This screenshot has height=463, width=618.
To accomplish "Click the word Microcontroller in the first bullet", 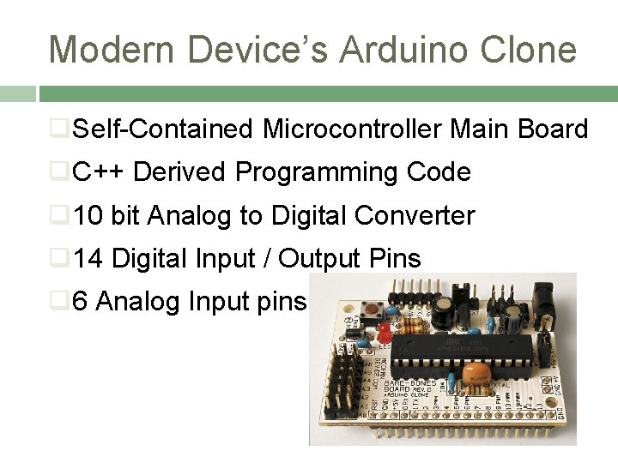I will click(353, 129).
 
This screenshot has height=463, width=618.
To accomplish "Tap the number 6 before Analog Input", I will click(81, 301).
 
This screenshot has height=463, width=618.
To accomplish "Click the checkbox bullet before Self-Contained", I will click(58, 129).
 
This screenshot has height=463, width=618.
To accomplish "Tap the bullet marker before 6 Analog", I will click(58, 301).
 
